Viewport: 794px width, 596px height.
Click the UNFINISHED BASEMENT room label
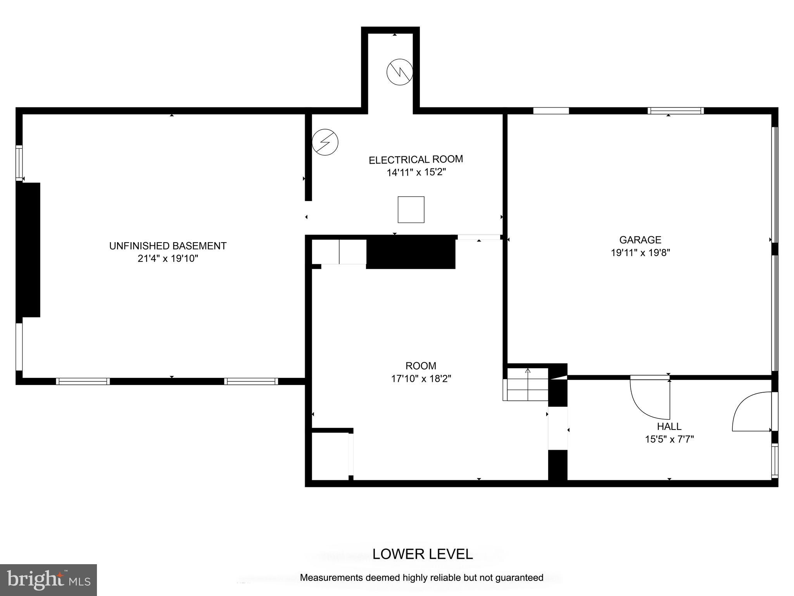click(167, 246)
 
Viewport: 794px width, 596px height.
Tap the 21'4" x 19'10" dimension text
click(167, 258)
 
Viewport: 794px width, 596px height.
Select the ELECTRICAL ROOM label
click(416, 159)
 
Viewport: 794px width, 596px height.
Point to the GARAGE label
click(640, 240)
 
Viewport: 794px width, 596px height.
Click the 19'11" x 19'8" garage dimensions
click(640, 253)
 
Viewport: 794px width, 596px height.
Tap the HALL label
click(669, 426)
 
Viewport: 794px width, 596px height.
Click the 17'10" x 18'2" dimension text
click(421, 378)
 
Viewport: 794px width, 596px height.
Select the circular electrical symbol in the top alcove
click(400, 72)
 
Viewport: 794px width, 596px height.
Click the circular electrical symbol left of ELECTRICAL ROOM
click(325, 142)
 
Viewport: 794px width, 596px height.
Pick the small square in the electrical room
click(411, 210)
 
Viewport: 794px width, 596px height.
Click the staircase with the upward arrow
click(526, 384)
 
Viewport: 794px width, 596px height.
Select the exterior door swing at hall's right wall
click(751, 412)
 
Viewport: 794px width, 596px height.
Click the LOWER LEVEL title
click(423, 554)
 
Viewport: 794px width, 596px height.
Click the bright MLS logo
click(48, 580)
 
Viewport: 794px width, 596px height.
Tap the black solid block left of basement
click(29, 250)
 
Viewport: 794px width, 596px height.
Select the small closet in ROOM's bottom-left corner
click(330, 456)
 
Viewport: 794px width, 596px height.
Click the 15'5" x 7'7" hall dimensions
click(669, 439)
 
